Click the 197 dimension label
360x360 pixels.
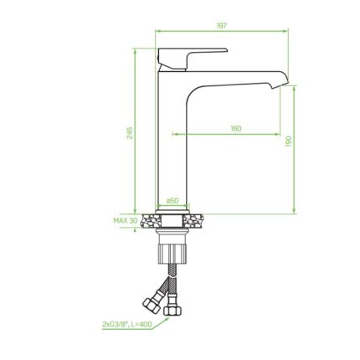(x=222, y=25)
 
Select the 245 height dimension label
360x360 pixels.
(x=130, y=133)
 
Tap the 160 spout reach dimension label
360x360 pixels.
(x=236, y=129)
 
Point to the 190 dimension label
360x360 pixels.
(x=288, y=141)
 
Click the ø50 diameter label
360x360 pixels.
(x=172, y=200)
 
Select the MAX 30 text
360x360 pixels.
(x=126, y=220)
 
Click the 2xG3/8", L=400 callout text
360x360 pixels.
(x=127, y=324)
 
